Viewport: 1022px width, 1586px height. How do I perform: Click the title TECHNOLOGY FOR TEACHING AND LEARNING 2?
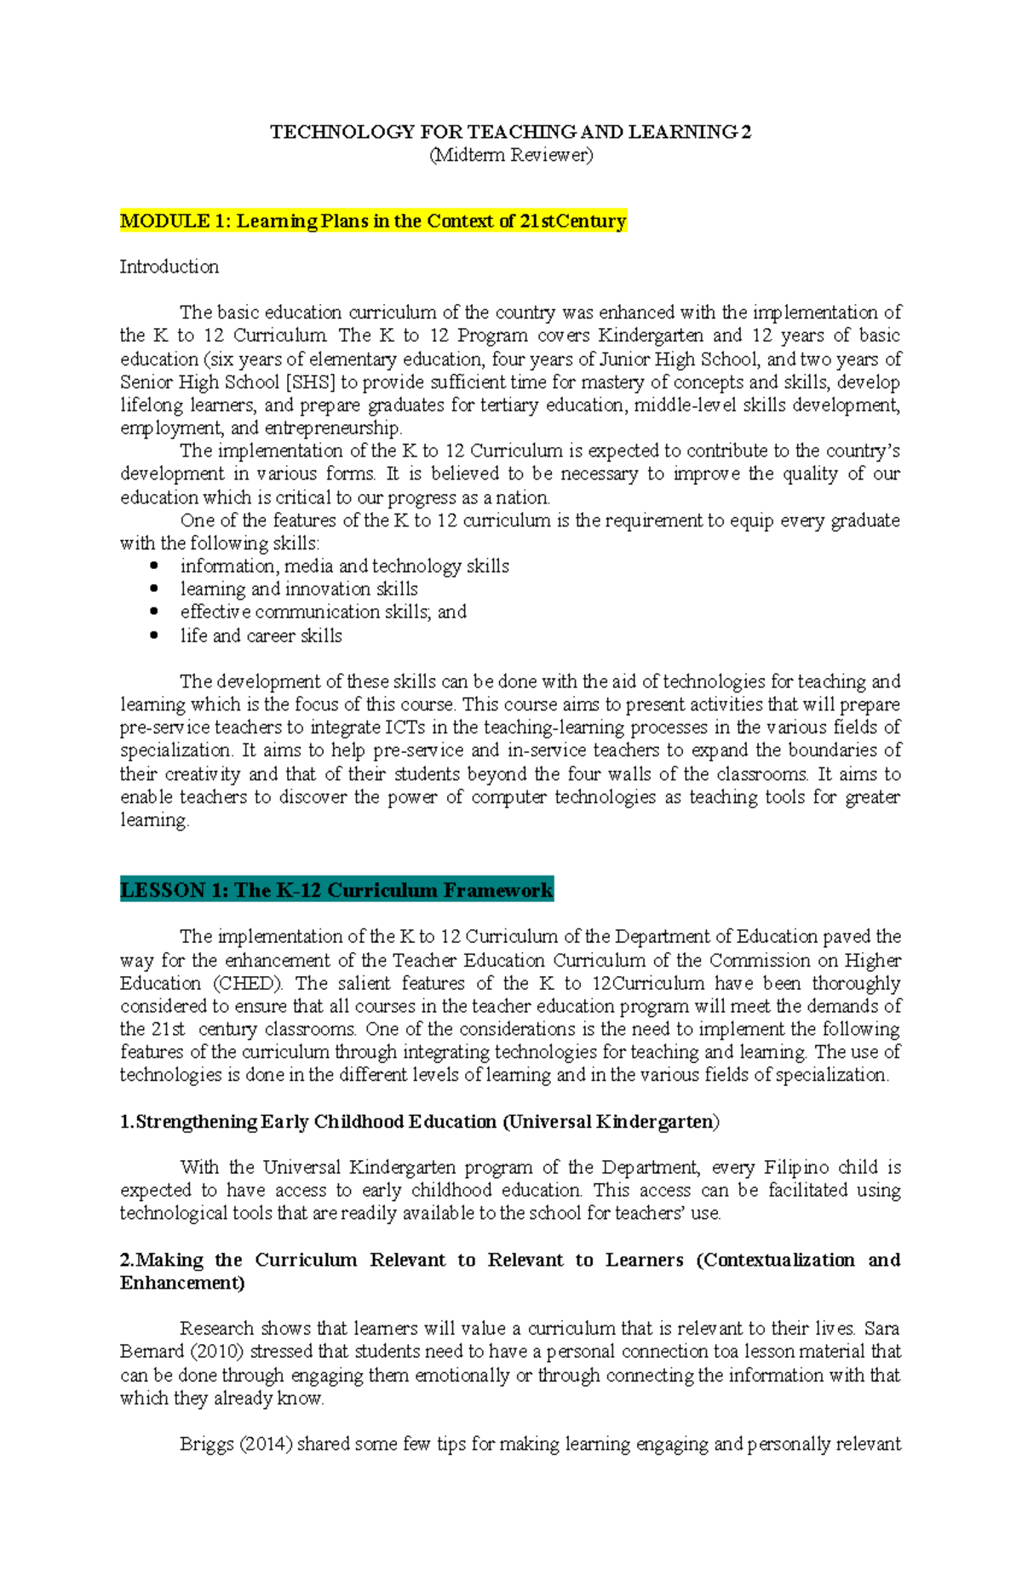[511, 132]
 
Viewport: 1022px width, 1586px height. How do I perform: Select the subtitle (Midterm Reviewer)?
[511, 155]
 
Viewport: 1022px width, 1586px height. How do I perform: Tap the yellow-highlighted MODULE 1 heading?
[373, 221]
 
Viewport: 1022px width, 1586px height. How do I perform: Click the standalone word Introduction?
[169, 267]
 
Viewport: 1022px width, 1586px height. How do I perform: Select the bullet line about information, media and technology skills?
[344, 566]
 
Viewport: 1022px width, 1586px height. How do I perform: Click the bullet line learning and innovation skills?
[298, 589]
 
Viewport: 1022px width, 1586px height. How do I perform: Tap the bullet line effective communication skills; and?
[323, 612]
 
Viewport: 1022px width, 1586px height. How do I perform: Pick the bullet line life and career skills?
[261, 636]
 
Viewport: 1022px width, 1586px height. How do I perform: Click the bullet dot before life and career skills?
[154, 635]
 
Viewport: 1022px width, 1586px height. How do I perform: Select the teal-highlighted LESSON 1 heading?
[336, 891]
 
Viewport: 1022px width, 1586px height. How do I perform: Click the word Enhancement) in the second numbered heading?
[182, 1284]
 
